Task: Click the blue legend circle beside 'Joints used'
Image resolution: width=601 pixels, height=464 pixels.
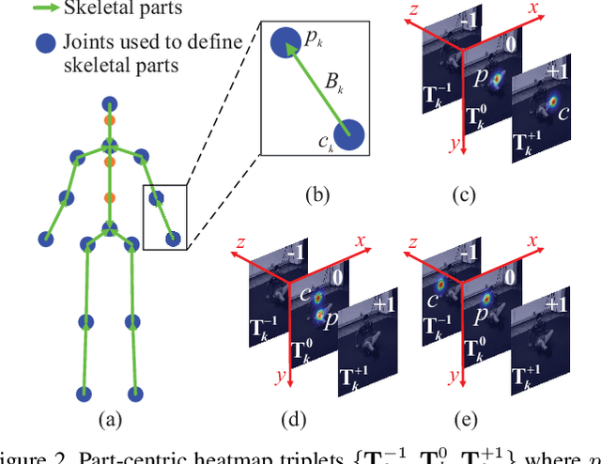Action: tap(42, 43)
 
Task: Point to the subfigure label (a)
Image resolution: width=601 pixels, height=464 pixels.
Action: tap(110, 420)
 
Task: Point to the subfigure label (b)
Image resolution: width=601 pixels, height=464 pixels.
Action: tap(316, 195)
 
